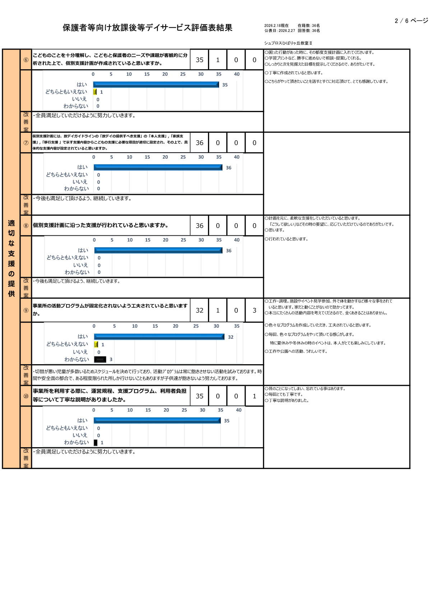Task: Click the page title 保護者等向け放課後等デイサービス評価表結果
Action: point(147,28)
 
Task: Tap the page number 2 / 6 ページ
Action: point(411,21)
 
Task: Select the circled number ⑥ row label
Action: point(26,60)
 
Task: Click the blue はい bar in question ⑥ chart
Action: point(156,85)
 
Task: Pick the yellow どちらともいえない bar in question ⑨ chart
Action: point(96,345)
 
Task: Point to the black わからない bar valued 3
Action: point(100,360)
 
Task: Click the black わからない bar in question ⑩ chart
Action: point(96,442)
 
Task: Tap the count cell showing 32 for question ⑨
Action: point(199,310)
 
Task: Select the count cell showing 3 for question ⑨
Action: point(254,310)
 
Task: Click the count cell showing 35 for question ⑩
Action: point(199,396)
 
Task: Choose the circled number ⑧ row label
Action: point(26,226)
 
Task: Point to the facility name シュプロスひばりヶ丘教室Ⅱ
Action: point(288,43)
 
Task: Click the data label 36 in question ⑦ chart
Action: point(228,168)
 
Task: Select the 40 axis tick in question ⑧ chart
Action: point(237,240)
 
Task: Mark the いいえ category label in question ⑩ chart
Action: point(80,435)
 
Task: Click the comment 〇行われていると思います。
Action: point(286,239)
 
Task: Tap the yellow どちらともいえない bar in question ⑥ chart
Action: point(95,92)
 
